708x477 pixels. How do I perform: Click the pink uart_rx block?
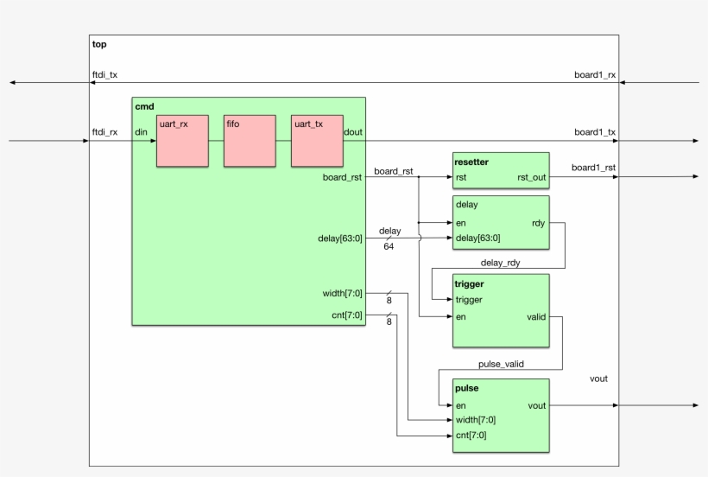pyautogui.click(x=182, y=141)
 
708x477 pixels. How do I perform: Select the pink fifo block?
pyautogui.click(x=250, y=141)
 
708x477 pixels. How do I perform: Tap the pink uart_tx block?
pyautogui.click(x=317, y=141)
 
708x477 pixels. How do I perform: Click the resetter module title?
pyautogui.click(x=472, y=162)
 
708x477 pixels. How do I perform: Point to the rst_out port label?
pyautogui.click(x=531, y=178)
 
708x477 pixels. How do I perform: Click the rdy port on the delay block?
pyautogui.click(x=538, y=223)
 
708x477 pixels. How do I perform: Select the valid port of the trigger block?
pyautogui.click(x=535, y=317)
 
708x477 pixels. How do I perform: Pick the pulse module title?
pyautogui.click(x=467, y=389)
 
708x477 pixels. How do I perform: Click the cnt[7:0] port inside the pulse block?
pyautogui.click(x=471, y=436)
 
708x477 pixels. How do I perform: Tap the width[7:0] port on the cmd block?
pyautogui.click(x=342, y=293)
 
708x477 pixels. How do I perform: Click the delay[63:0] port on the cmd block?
pyautogui.click(x=340, y=238)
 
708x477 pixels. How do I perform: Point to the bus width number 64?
pyautogui.click(x=389, y=247)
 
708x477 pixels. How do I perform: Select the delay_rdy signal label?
pyautogui.click(x=501, y=261)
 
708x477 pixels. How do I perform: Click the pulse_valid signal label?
pyautogui.click(x=501, y=364)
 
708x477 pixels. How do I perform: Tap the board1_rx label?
pyautogui.click(x=595, y=74)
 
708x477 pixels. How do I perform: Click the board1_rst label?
pyautogui.click(x=594, y=168)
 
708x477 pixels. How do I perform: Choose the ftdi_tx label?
pyautogui.click(x=104, y=74)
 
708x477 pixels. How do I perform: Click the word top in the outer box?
pyautogui.click(x=99, y=44)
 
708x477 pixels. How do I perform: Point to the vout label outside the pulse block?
pyautogui.click(x=598, y=379)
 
